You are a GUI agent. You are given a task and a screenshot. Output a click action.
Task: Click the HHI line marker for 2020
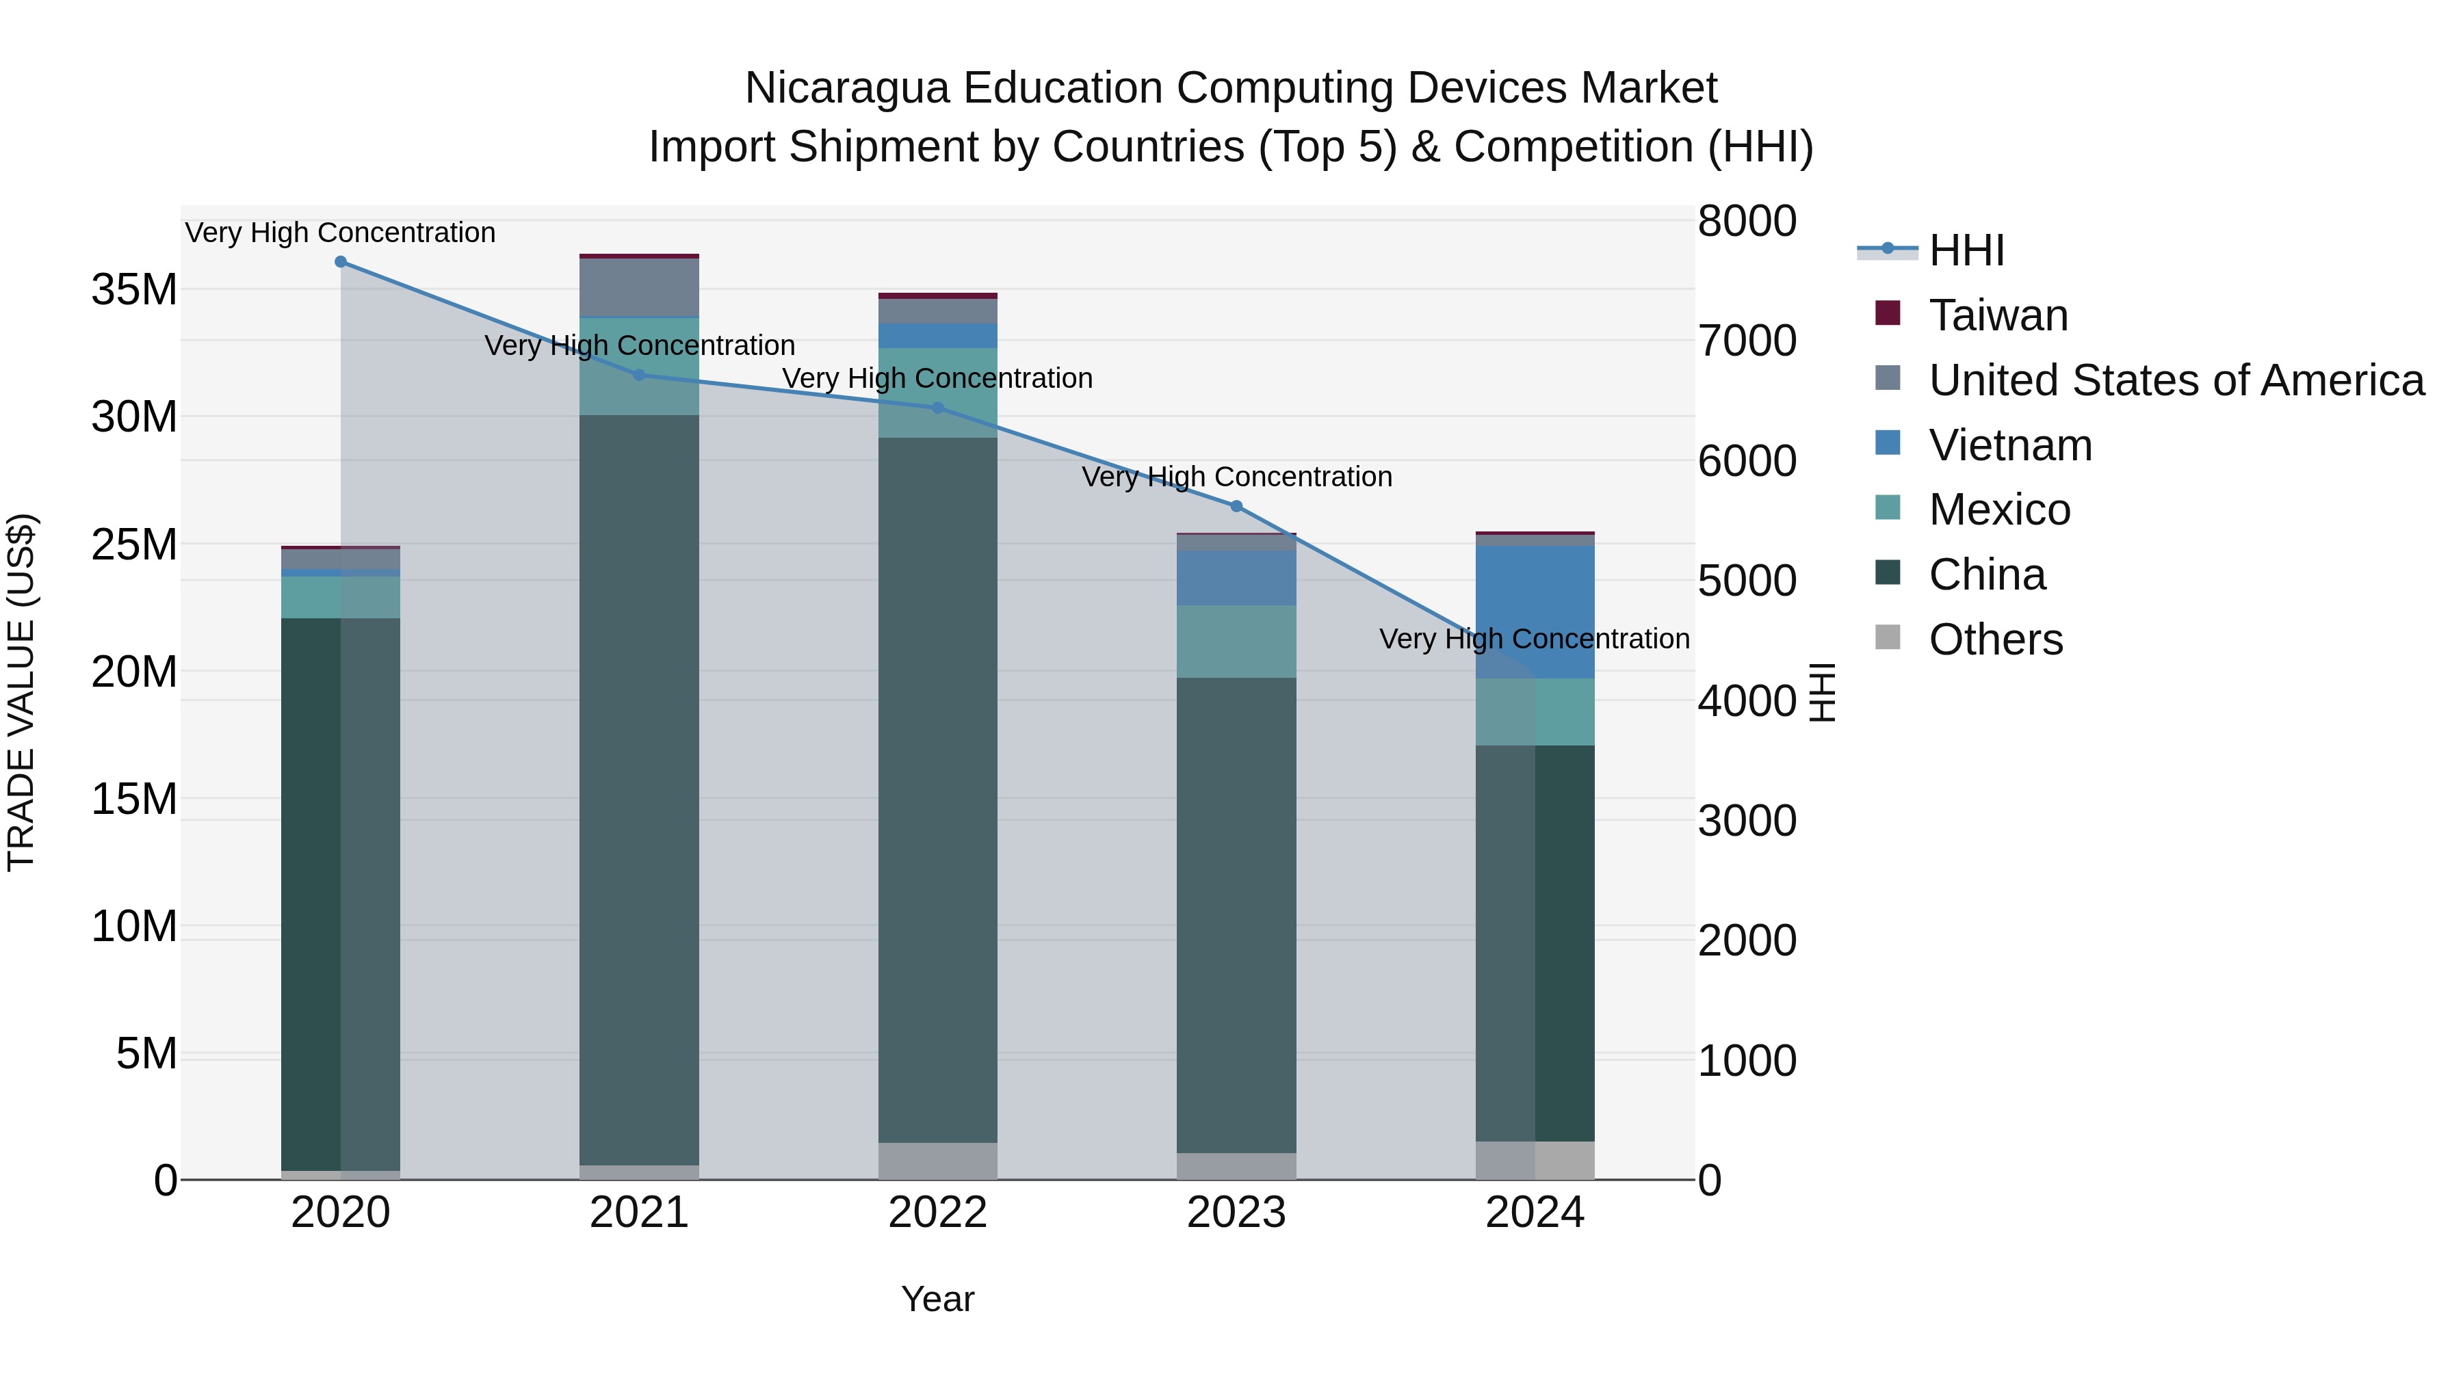click(341, 262)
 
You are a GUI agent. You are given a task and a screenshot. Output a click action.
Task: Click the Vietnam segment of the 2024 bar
click(1535, 611)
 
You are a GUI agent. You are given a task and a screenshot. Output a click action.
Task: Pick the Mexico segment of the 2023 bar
click(1236, 642)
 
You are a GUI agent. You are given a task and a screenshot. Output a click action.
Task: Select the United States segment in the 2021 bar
click(639, 287)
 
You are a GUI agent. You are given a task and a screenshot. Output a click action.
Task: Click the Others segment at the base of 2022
click(937, 1161)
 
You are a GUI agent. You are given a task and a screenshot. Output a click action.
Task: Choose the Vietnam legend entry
click(2010, 445)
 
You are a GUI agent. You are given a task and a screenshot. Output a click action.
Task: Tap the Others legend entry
click(1996, 639)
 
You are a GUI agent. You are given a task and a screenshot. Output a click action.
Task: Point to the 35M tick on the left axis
click(134, 289)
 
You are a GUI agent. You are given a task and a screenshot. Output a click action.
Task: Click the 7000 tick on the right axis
click(1746, 341)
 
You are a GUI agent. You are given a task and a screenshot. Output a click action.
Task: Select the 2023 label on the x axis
click(1236, 1213)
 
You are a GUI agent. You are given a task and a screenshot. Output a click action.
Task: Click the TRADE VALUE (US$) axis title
click(21, 692)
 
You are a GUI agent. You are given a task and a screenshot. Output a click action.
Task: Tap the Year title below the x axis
click(937, 1299)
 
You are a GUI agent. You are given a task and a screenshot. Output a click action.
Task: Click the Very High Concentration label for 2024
click(1534, 639)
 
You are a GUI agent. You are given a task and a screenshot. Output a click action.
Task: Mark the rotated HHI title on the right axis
click(1823, 692)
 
